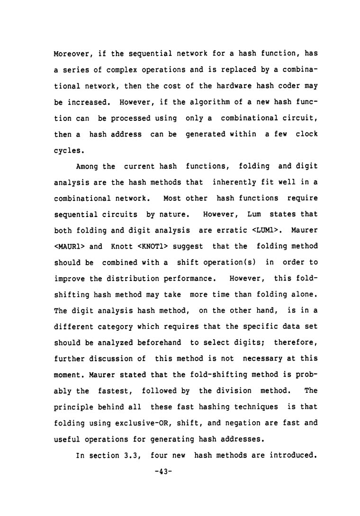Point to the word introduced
tap(292, 456)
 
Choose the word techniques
tap(256, 407)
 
